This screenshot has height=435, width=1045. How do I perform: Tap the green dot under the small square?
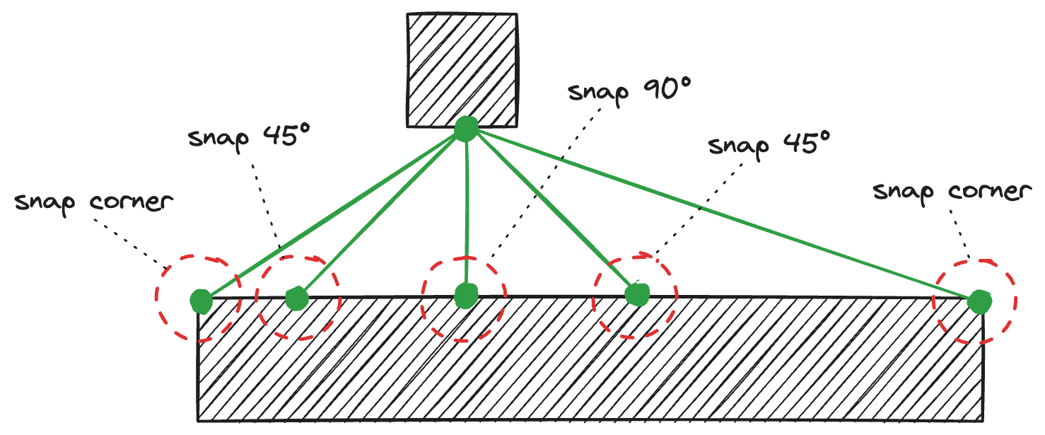[x=465, y=129]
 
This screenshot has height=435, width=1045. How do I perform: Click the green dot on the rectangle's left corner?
[x=202, y=301]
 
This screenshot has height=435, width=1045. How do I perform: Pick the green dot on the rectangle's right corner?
[x=979, y=302]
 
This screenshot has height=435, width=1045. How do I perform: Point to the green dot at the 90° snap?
[x=466, y=296]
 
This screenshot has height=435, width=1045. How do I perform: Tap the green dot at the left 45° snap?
[x=296, y=299]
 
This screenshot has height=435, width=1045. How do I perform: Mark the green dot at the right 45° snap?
[x=637, y=294]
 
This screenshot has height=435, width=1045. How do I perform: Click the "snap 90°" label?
[x=629, y=91]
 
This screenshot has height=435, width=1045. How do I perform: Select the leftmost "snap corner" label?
[x=93, y=202]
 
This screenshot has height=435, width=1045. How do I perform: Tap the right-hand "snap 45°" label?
[x=768, y=146]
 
